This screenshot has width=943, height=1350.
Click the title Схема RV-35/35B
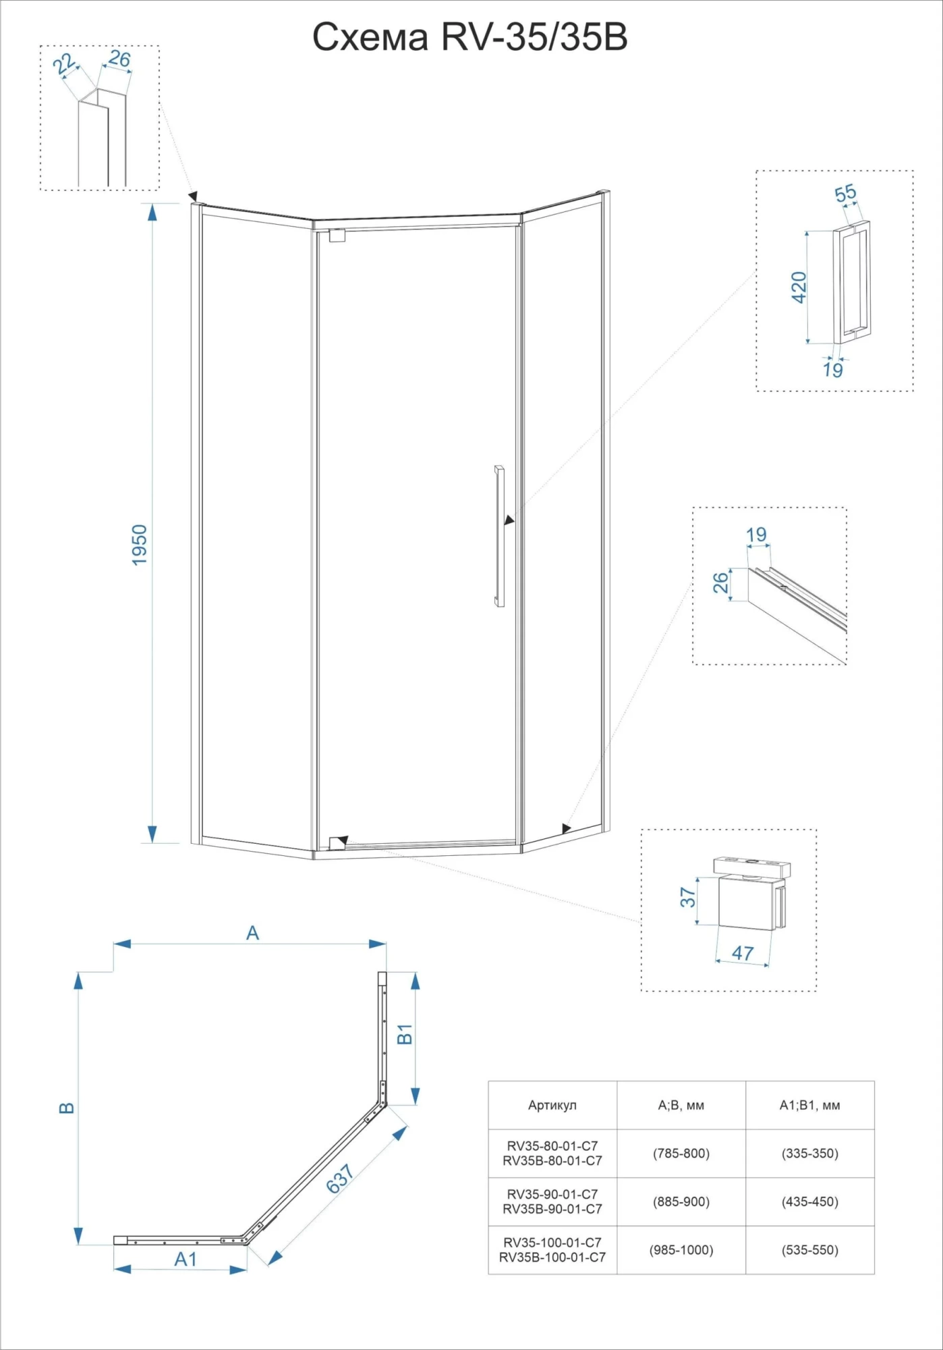click(x=470, y=38)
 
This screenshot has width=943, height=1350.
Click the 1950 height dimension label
click(x=140, y=545)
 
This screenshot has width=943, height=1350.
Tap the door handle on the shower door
click(x=499, y=535)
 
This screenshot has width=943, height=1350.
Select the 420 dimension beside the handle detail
click(x=799, y=287)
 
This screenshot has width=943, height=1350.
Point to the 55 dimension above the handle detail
click(x=845, y=193)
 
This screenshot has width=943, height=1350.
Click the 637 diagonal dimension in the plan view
click(x=341, y=1179)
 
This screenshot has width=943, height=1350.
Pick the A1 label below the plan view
click(x=185, y=1259)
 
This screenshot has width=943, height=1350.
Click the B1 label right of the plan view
click(x=404, y=1034)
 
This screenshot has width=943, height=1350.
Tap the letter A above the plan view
click(x=252, y=933)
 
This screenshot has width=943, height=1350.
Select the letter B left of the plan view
click(x=67, y=1108)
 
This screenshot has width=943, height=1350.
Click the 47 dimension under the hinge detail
click(x=743, y=953)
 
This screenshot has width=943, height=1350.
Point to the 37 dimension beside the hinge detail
click(x=687, y=897)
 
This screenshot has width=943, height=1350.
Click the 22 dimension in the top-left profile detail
click(x=64, y=64)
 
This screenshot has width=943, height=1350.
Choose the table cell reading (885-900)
click(x=681, y=1201)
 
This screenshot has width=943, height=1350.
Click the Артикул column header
click(x=552, y=1105)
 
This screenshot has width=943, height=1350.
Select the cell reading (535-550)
click(x=809, y=1250)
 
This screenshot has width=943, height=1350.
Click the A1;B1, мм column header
click(x=809, y=1105)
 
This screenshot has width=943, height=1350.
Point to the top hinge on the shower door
click(x=337, y=236)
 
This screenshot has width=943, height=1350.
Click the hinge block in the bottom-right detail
click(x=746, y=901)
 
